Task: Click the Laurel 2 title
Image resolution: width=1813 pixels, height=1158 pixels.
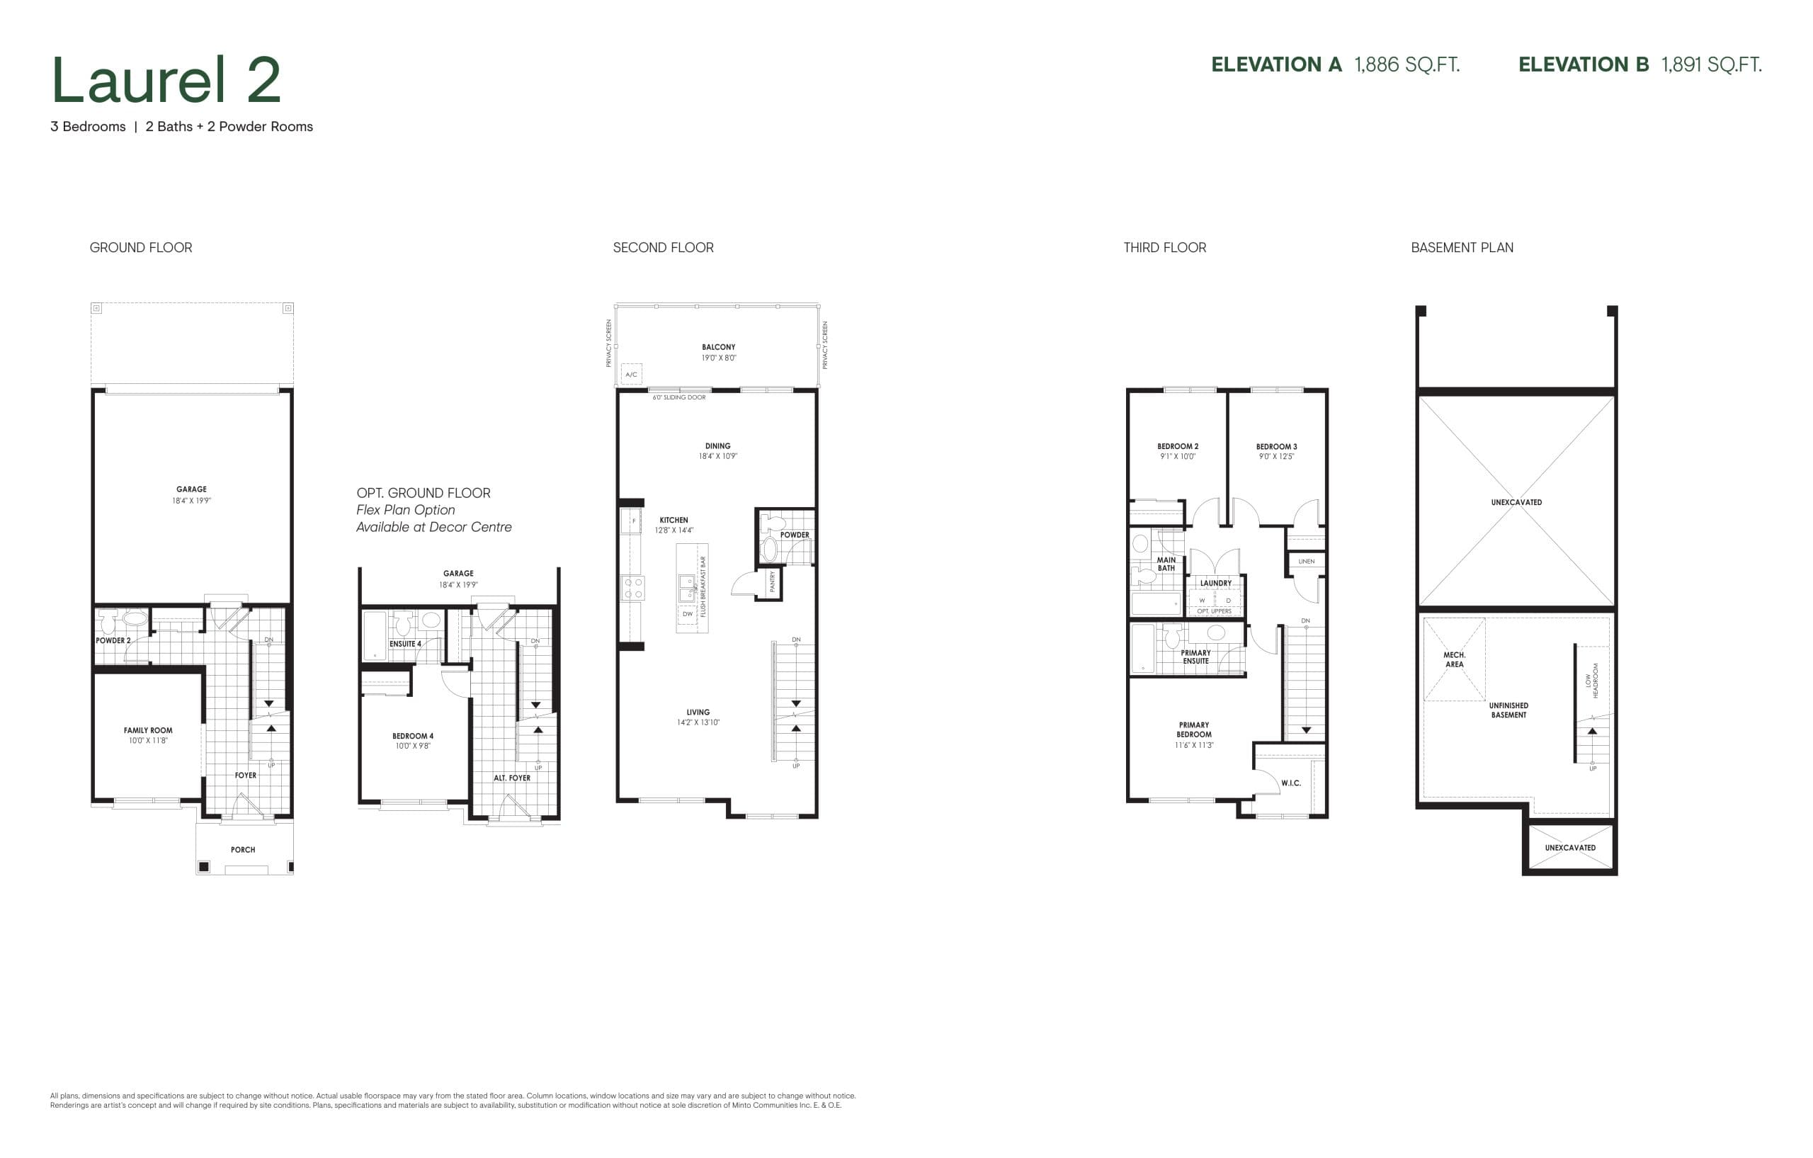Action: [x=166, y=80]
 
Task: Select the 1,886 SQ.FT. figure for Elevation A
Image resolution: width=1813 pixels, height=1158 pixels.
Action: [x=1406, y=64]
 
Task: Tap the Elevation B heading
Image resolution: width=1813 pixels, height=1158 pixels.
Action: [x=1584, y=64]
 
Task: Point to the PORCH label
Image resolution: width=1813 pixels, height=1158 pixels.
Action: [x=242, y=850]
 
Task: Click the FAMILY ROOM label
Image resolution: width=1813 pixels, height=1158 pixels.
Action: [x=148, y=730]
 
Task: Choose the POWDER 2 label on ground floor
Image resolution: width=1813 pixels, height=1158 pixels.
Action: [x=113, y=641]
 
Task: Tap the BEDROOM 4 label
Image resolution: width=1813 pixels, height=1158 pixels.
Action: [x=413, y=737]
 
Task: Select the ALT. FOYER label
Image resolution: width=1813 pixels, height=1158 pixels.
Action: [x=512, y=778]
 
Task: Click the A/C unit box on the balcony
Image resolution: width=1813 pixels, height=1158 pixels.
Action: [x=631, y=374]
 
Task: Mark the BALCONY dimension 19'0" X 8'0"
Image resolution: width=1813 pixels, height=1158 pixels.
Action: [x=718, y=358]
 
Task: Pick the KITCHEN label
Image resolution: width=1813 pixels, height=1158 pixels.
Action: [x=674, y=521]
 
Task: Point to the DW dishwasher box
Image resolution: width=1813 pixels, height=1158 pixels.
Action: [x=688, y=614]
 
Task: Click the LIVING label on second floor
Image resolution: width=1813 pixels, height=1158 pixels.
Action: [x=698, y=713]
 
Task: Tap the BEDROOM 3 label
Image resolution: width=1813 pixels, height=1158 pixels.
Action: [x=1276, y=446]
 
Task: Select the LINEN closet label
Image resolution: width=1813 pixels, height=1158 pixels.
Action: [x=1307, y=562]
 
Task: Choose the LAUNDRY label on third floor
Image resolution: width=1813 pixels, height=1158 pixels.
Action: [x=1216, y=584]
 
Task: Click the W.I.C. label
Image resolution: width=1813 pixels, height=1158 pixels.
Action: [x=1290, y=783]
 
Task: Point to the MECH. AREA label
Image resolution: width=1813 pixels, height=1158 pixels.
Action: [x=1454, y=659]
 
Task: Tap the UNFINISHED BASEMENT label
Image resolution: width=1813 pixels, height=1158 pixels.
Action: [x=1508, y=710]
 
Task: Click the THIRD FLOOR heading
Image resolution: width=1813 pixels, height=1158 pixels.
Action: [x=1164, y=248]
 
